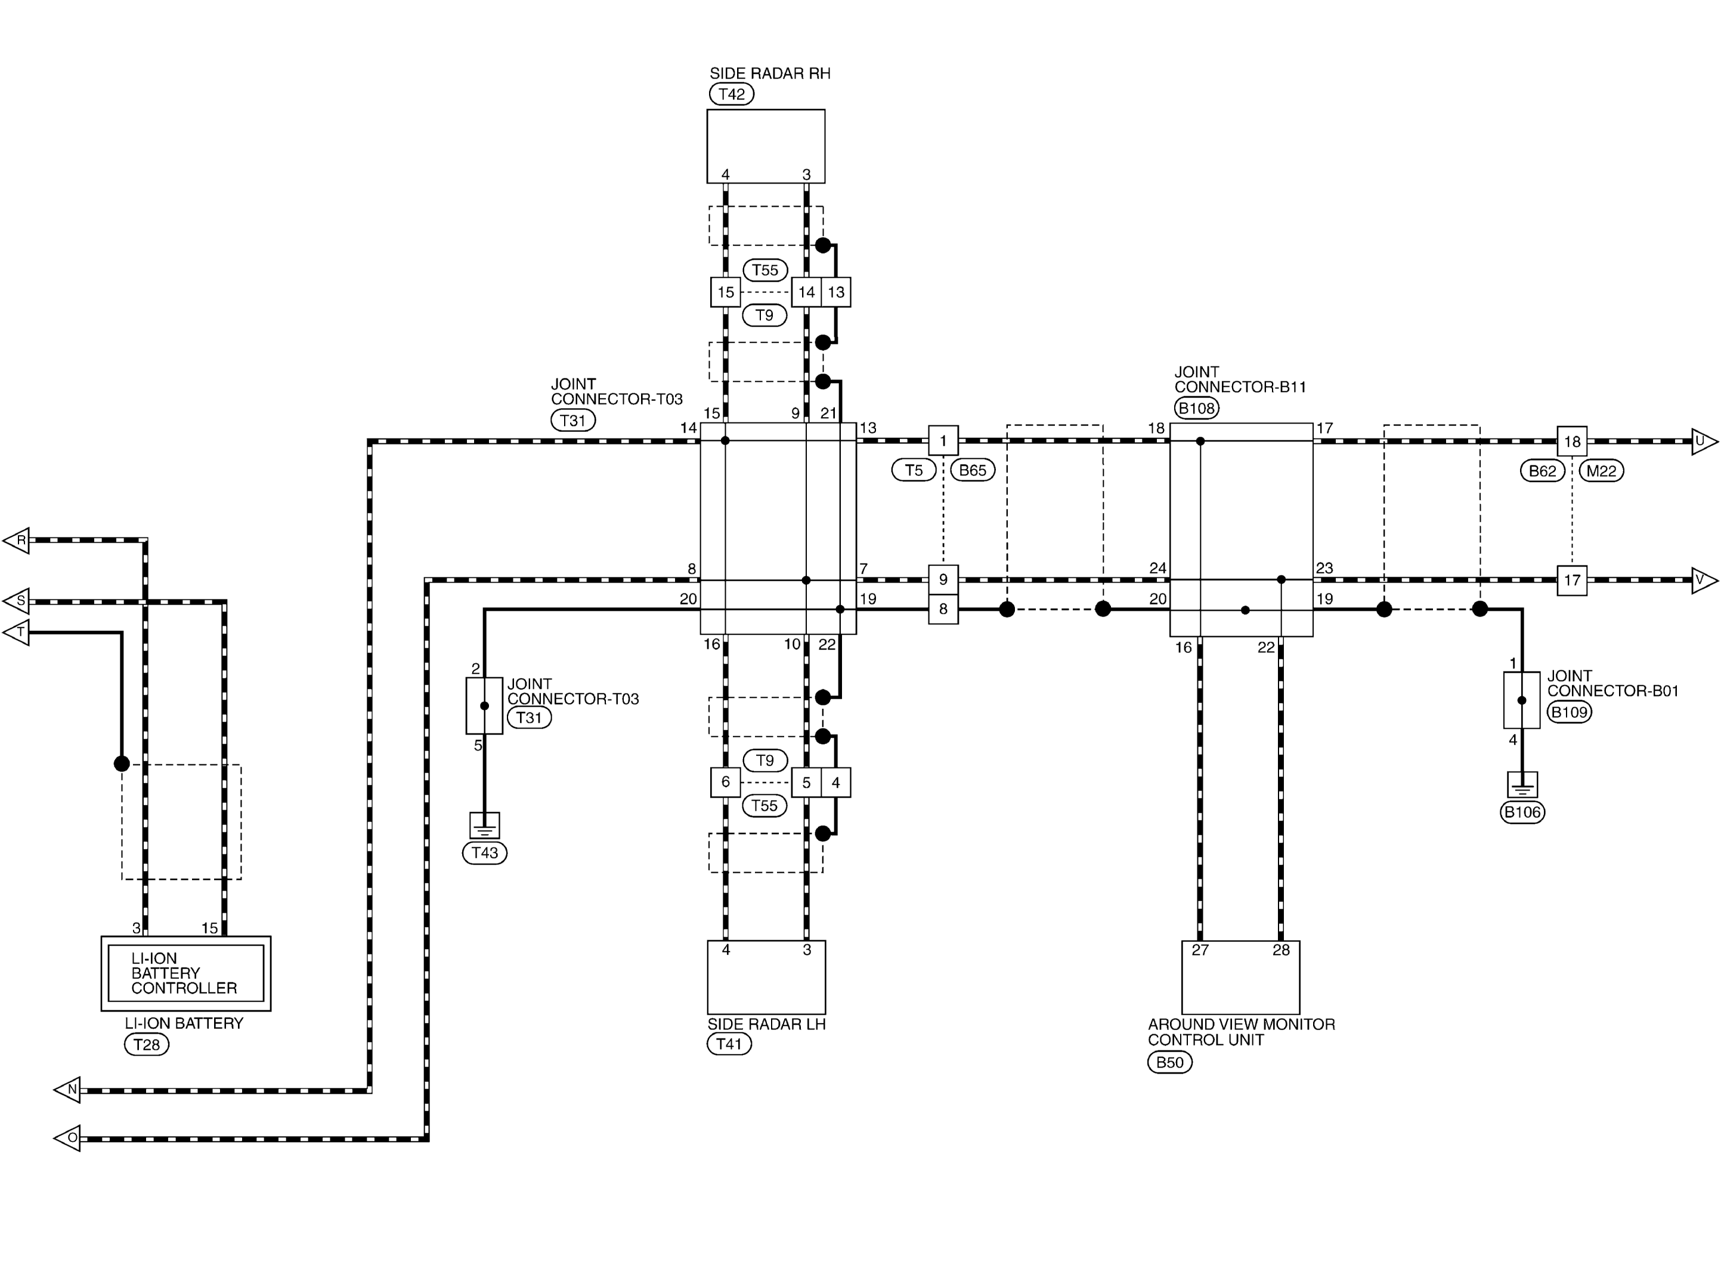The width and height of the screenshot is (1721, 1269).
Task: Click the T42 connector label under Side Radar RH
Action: (x=731, y=94)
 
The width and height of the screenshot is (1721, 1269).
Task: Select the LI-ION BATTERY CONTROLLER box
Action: (x=186, y=973)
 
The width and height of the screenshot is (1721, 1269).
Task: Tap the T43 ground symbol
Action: (x=484, y=825)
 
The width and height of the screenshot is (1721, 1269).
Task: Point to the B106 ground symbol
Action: (x=1522, y=784)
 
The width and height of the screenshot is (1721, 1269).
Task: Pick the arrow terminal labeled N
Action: (x=67, y=1089)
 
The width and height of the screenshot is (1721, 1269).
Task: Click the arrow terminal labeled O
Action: (x=67, y=1138)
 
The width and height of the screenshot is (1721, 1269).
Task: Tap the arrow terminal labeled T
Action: (x=17, y=633)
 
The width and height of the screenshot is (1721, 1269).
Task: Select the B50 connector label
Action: (x=1169, y=1062)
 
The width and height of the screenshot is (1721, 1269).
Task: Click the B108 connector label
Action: (x=1196, y=408)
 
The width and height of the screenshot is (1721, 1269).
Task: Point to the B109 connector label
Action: (x=1569, y=712)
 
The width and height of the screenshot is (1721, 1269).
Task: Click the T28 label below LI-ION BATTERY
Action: (x=146, y=1044)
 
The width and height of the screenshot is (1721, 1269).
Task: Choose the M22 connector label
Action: (x=1601, y=471)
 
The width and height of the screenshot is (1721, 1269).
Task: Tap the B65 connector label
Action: (x=973, y=470)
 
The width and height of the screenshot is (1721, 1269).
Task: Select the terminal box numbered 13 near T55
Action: (x=836, y=292)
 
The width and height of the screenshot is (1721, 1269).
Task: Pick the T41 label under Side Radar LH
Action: (x=729, y=1043)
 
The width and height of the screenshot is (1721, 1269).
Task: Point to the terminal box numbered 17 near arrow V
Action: (x=1572, y=580)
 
